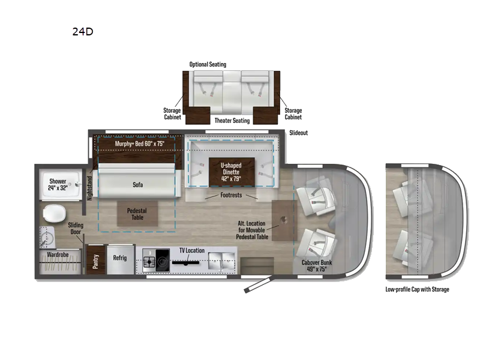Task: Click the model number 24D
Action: pyautogui.click(x=83, y=32)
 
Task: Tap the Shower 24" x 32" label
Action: pyautogui.click(x=58, y=185)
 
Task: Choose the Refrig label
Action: pyautogui.click(x=120, y=258)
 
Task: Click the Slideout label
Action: pyautogui.click(x=298, y=133)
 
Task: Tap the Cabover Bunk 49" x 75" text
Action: pyautogui.click(x=319, y=266)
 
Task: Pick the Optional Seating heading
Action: pyautogui.click(x=208, y=65)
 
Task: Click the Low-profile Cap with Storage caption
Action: pyautogui.click(x=417, y=289)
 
